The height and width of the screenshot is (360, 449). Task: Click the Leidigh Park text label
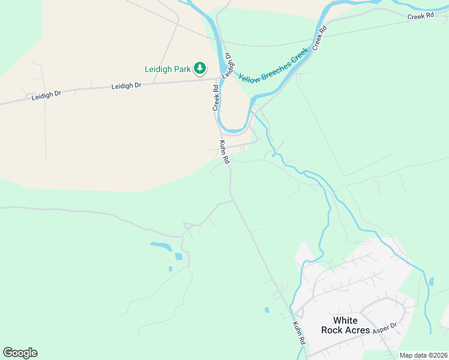pos(167,69)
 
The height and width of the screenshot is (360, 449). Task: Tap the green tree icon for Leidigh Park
pos(200,69)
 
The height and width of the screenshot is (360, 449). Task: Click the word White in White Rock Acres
pos(345,320)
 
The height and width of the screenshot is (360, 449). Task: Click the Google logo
pos(20,353)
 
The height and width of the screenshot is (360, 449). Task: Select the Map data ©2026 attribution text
pos(423,355)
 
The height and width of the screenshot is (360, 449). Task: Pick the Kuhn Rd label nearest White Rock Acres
pos(299,333)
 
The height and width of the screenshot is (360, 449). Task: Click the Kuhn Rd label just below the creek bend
pos(224,152)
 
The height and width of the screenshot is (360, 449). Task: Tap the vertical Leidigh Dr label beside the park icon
pos(228,65)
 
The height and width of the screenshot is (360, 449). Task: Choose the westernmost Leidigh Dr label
pos(46,95)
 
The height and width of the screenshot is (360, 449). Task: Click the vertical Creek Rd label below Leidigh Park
pos(215,97)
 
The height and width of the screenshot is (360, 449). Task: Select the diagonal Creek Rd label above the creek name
pos(319,38)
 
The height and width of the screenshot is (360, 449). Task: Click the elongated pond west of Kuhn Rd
pos(160,245)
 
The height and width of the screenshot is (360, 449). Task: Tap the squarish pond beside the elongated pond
pos(178,256)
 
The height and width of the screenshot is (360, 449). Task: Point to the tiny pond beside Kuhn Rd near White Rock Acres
pos(266,310)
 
